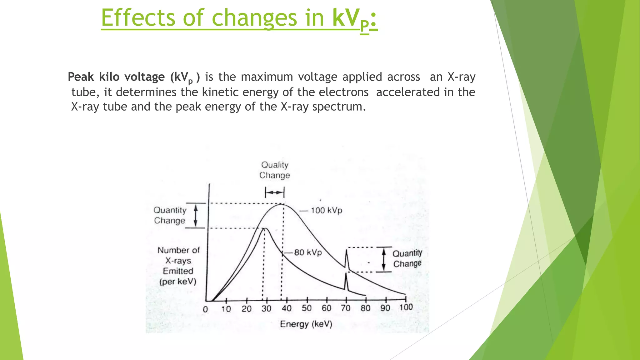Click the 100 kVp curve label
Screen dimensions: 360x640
(326, 210)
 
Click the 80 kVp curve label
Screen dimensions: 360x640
(308, 252)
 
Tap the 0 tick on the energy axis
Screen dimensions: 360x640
(205, 309)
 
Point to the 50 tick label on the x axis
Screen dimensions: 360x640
(307, 308)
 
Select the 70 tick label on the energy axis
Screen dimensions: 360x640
(346, 308)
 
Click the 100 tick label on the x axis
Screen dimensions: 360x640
(406, 307)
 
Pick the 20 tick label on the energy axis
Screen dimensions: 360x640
(247, 309)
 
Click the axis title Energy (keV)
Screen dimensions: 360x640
(306, 324)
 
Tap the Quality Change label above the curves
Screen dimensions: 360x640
(275, 170)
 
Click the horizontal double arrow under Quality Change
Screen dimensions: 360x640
(275, 192)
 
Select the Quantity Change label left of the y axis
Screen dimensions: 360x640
(170, 215)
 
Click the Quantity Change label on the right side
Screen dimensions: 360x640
(407, 258)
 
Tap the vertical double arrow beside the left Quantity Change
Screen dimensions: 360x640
(196, 215)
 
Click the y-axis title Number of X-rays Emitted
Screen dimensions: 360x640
(178, 266)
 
